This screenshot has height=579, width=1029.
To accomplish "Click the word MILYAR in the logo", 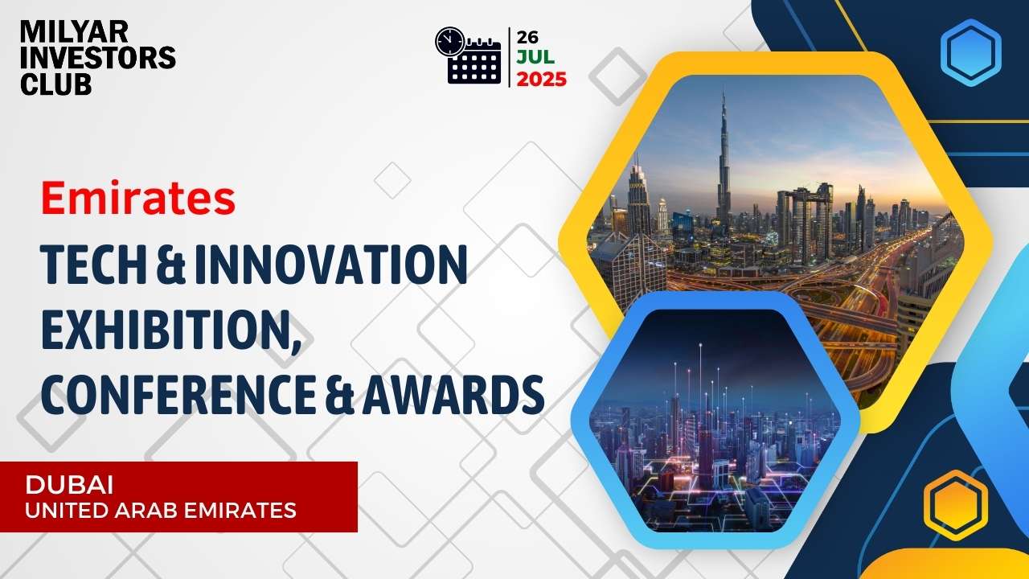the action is pos(74,32).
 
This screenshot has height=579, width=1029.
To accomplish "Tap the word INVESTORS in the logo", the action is pos(98,57).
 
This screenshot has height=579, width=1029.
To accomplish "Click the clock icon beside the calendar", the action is pos(449,41).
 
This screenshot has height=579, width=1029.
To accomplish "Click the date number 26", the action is pos(527,37).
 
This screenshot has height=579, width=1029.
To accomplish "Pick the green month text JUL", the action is pos(535,57).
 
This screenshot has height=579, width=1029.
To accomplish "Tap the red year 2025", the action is pos(542,80).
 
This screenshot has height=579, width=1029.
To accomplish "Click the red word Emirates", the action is pos(138,198).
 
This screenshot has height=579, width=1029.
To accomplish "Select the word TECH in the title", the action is pos(93,265).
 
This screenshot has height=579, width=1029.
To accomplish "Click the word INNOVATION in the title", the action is pos(330,265).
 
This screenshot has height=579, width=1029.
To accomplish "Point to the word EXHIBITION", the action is pos(171,331).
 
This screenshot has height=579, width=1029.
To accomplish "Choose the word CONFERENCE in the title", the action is pos(178,395).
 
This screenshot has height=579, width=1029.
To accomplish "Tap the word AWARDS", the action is pos(453,395).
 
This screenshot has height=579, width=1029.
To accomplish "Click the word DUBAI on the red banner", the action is pos(69,485).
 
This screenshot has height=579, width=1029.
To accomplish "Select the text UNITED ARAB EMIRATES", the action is pos(161,511).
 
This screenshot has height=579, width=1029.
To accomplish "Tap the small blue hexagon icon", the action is pos(970,52).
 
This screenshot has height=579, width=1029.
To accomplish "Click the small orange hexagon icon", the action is pos(956,505).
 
